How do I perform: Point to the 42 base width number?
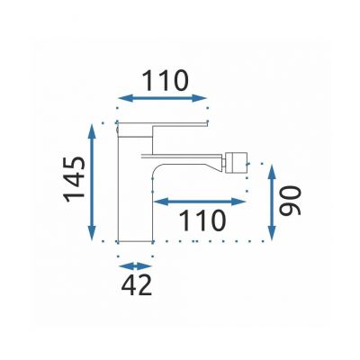click(136, 286)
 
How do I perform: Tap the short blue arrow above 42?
click(136, 266)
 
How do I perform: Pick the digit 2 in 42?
click(144, 286)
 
